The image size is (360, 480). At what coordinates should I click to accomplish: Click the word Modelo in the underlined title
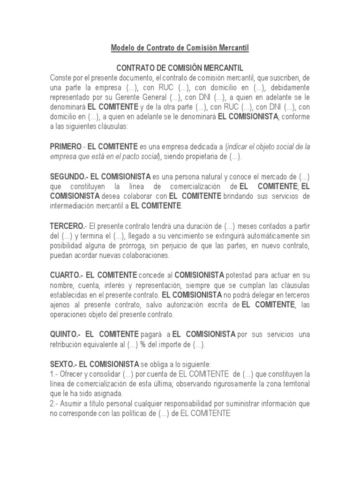click(x=122, y=48)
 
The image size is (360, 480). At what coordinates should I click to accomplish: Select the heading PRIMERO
click(x=66, y=147)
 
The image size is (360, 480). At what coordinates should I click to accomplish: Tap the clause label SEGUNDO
click(x=69, y=177)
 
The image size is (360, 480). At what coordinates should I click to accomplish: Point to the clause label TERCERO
click(x=67, y=226)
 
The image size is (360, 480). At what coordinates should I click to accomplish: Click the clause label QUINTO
click(x=65, y=334)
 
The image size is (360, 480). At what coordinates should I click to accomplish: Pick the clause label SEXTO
click(x=63, y=364)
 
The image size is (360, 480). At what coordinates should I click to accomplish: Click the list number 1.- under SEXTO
click(x=54, y=374)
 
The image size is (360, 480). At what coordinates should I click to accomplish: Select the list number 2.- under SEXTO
click(x=54, y=404)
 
